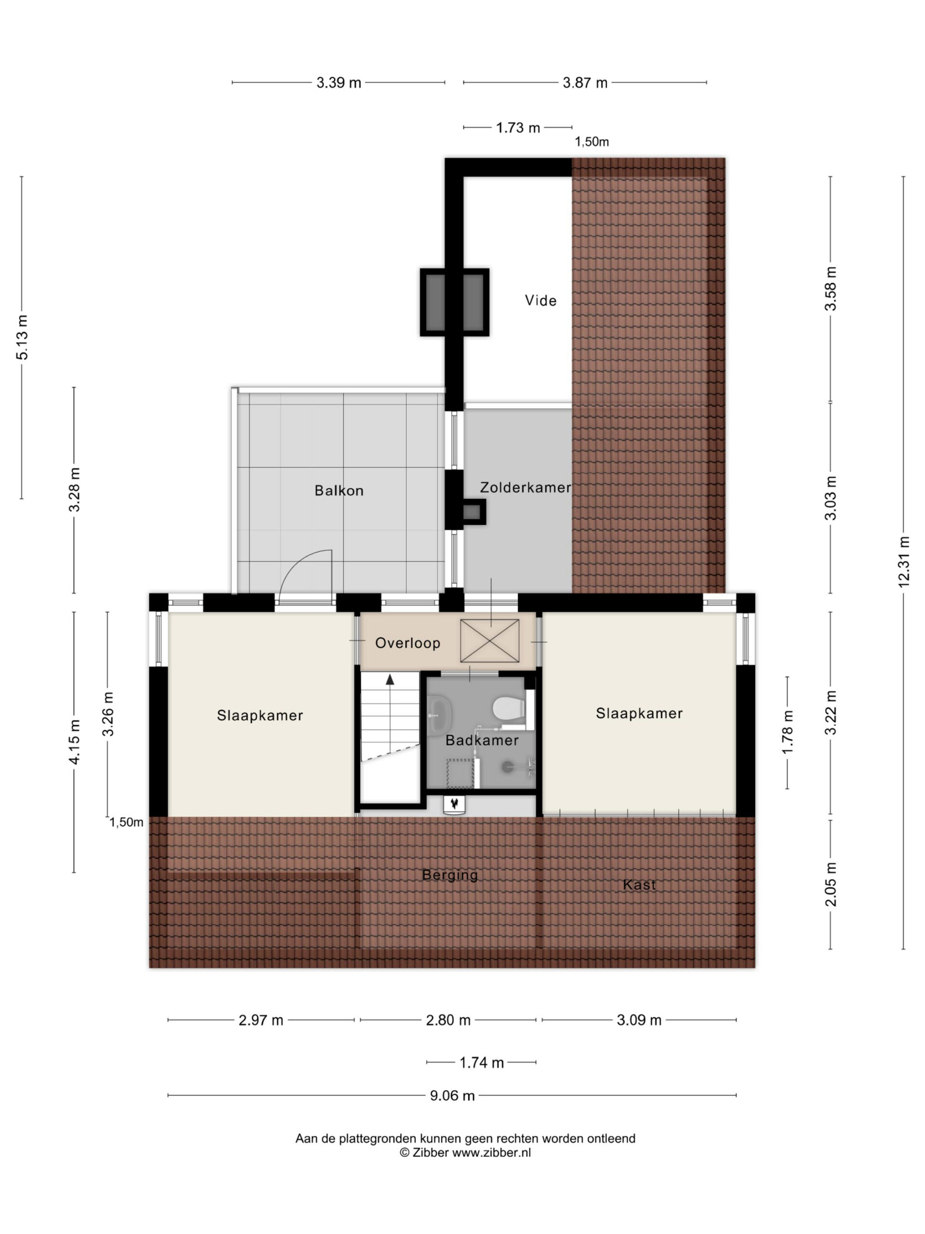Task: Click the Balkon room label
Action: (x=338, y=490)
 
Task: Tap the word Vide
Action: (x=540, y=300)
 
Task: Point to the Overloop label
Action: (x=408, y=643)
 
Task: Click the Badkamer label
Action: (x=482, y=740)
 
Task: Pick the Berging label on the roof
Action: (x=450, y=875)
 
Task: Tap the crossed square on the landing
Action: (x=489, y=641)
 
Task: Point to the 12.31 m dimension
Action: (x=903, y=561)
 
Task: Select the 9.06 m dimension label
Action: (x=451, y=1096)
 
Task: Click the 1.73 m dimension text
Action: (x=518, y=128)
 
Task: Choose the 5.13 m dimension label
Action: (x=22, y=337)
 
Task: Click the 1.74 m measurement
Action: (x=482, y=1063)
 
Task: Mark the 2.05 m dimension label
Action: (x=831, y=884)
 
